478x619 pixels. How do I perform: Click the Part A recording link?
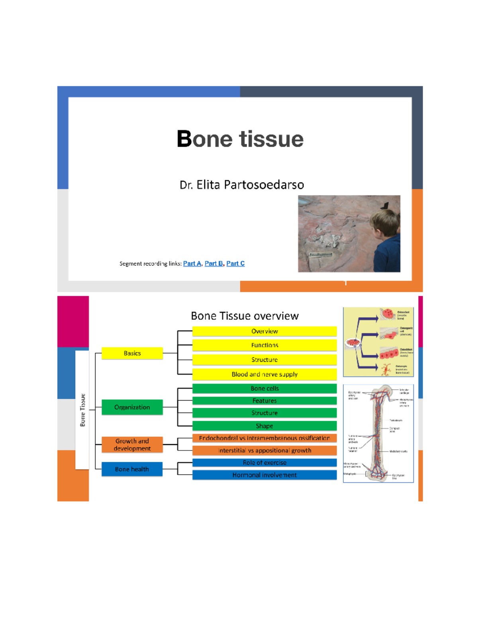192,263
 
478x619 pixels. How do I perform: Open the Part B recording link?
214,263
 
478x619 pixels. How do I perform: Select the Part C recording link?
235,263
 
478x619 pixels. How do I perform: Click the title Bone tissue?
240,139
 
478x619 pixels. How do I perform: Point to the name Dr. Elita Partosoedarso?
242,185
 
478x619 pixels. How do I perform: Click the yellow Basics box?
132,353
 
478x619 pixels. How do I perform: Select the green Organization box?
132,407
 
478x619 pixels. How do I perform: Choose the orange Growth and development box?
132,444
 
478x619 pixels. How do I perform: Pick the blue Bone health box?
132,469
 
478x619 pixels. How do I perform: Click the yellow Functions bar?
264,345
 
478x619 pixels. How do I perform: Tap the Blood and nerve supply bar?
264,374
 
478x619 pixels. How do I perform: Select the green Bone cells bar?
264,388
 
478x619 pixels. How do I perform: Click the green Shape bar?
264,426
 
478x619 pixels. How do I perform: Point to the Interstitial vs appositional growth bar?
264,450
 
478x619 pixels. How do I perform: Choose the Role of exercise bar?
264,463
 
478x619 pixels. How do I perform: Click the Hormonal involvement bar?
264,475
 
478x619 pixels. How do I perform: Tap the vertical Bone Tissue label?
82,410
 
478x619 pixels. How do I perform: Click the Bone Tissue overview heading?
245,316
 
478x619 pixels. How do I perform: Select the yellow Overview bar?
264,331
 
